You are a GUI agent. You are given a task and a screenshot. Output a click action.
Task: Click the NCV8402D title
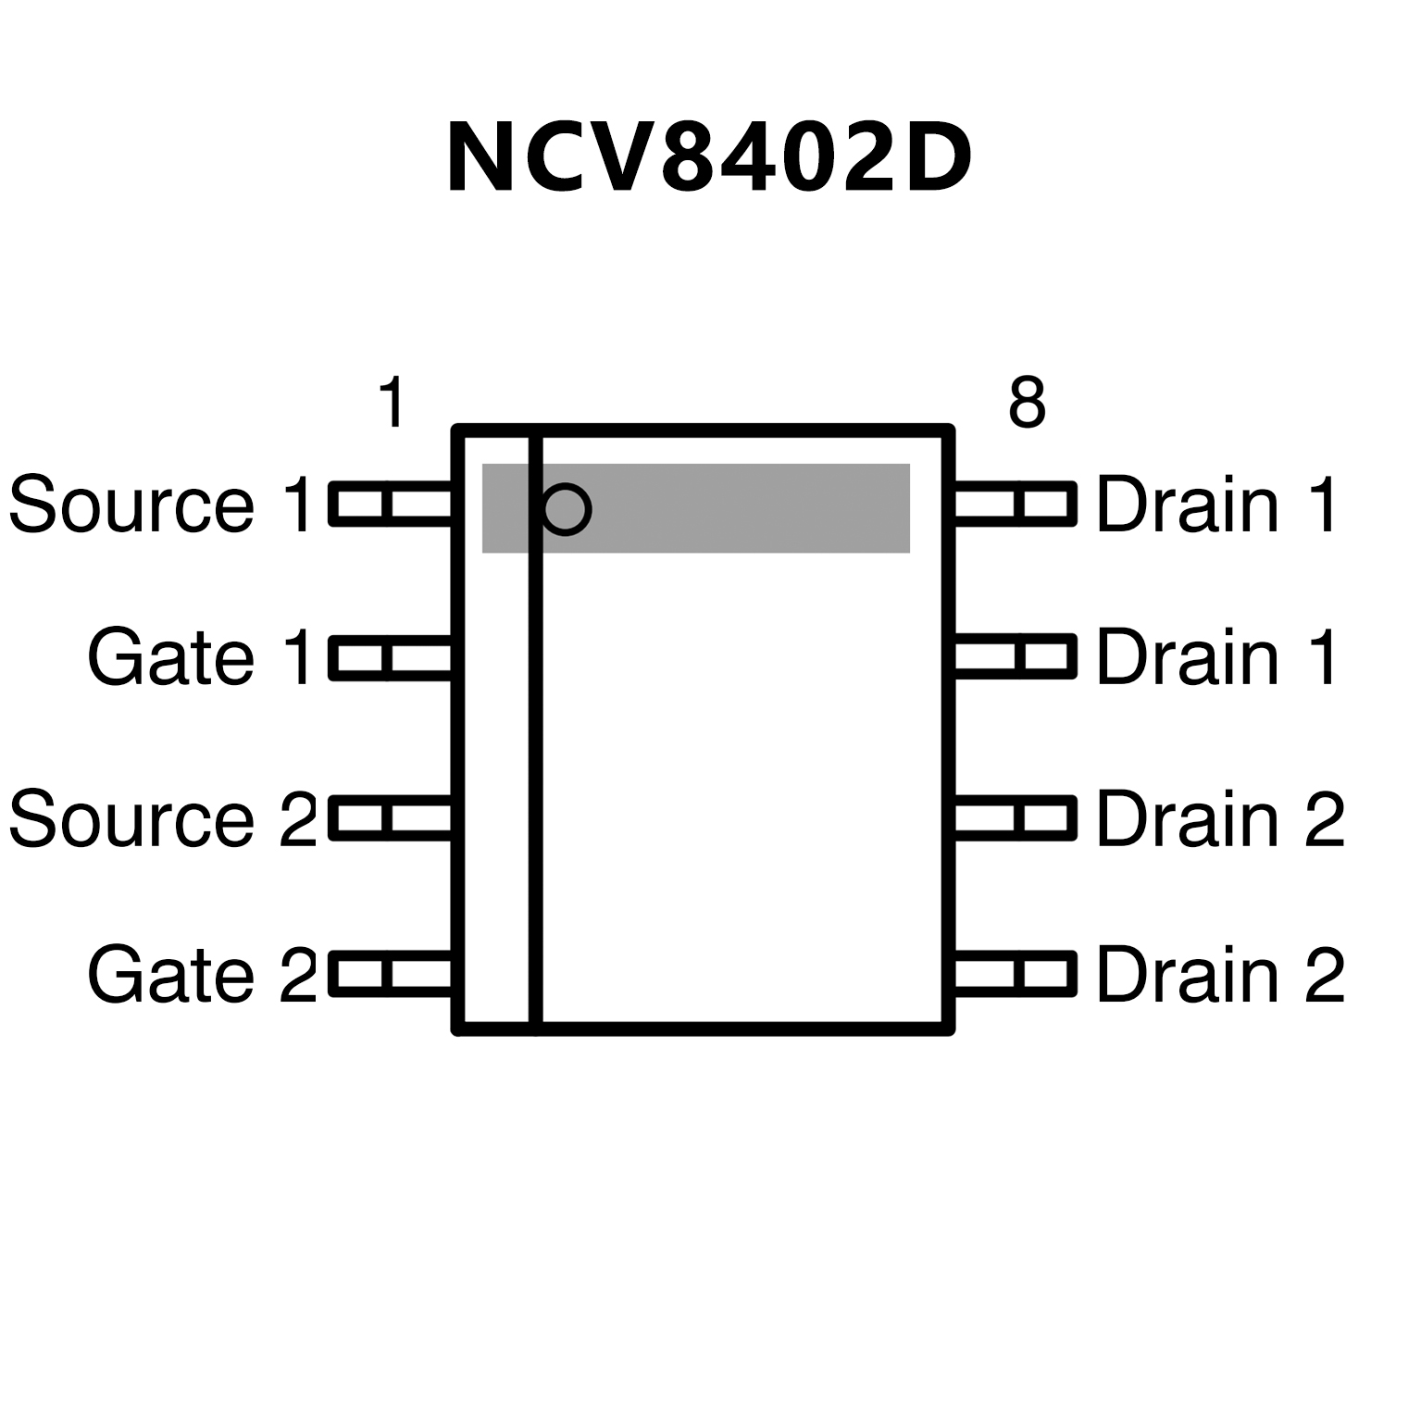(x=709, y=157)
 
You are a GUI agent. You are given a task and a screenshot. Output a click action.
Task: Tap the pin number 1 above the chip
(x=393, y=403)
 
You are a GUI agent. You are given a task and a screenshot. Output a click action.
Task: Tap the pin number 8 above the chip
(x=1027, y=403)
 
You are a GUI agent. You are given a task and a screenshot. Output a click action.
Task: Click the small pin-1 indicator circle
(x=566, y=508)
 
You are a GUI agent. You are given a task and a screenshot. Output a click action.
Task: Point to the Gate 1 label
(x=200, y=658)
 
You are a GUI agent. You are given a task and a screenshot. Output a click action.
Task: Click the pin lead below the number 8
(x=1015, y=505)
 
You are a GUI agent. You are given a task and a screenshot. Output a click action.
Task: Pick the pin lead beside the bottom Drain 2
(x=1015, y=974)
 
